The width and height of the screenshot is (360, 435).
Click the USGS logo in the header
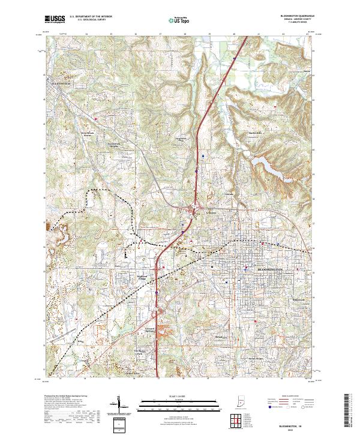[55, 19]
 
